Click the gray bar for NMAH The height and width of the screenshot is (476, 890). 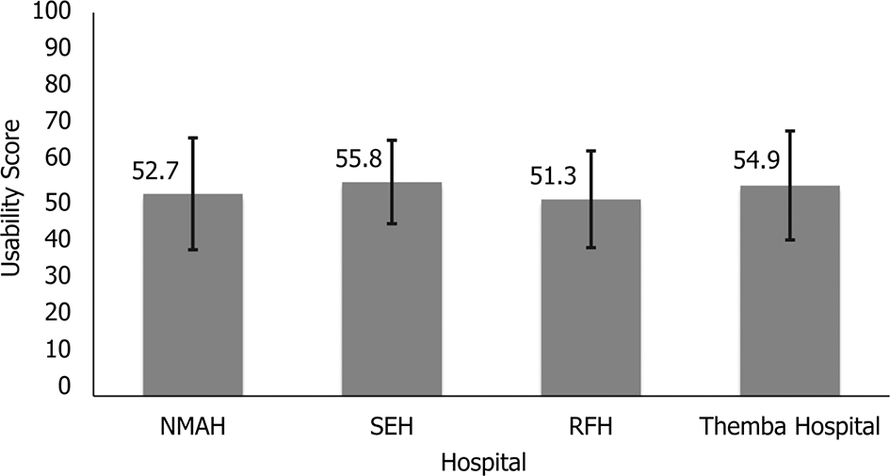click(193, 294)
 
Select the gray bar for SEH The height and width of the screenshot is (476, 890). click(392, 288)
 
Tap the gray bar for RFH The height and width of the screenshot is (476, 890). click(591, 297)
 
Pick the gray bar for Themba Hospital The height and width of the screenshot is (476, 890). click(789, 290)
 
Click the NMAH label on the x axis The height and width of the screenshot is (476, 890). click(193, 427)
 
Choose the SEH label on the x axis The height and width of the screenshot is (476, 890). click(392, 427)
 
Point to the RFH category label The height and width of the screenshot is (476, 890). click(591, 427)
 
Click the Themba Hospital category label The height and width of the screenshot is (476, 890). click(789, 427)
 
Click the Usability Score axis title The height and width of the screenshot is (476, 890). click(11, 198)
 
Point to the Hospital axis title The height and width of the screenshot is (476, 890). click(483, 461)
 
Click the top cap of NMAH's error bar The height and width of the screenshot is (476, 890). click(193, 138)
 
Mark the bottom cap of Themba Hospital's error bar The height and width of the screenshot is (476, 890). click(789, 240)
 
